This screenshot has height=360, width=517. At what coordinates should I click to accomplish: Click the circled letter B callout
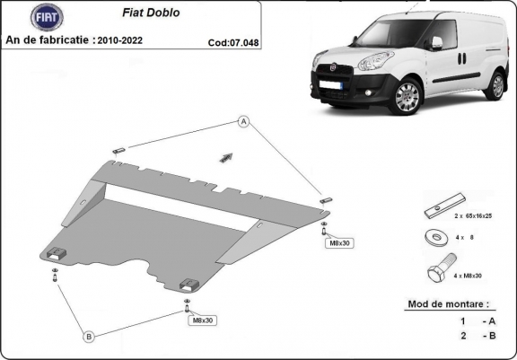click(x=89, y=337)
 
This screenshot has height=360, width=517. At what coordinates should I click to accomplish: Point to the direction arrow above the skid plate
click(x=225, y=156)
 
